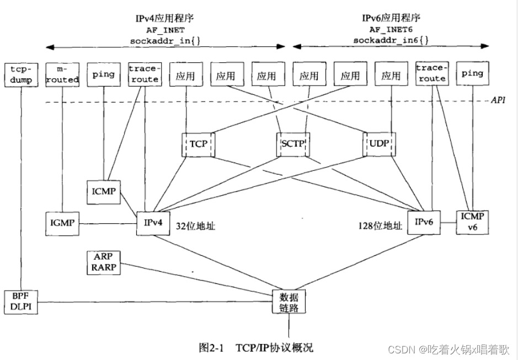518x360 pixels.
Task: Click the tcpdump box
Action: pos(20,74)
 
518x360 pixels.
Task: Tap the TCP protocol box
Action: pos(197,144)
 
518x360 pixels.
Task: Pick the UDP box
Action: pos(379,144)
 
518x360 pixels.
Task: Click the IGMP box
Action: pos(61,223)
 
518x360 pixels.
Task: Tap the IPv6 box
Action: pos(423,222)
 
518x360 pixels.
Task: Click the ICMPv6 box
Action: pos(472,222)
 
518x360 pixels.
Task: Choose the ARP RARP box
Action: pos(104,262)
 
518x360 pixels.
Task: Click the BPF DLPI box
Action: pos(20,302)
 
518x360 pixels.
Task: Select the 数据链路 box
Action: pos(289,302)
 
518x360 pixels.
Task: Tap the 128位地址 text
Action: pos(380,225)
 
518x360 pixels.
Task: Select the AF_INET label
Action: pos(165,30)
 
